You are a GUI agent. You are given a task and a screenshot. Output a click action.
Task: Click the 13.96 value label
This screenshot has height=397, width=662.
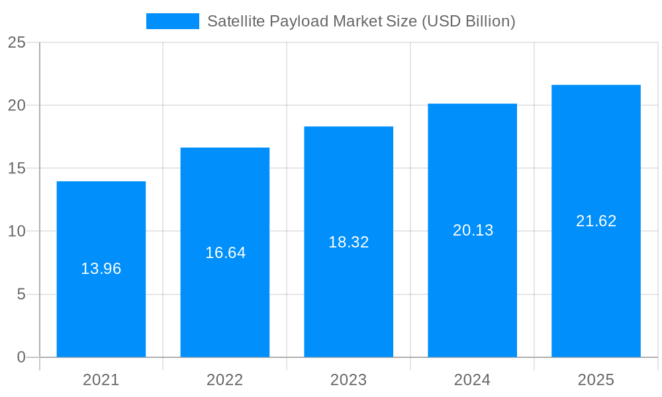(101, 269)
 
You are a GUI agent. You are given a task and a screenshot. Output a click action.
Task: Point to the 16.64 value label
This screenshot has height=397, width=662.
(225, 253)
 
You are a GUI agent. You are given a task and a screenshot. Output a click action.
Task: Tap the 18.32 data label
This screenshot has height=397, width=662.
(349, 242)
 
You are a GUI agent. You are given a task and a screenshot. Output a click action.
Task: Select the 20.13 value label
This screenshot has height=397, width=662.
(473, 230)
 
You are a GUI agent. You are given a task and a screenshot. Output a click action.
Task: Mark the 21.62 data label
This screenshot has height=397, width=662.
(596, 221)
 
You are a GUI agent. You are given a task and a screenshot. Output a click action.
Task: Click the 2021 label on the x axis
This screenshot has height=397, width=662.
(101, 380)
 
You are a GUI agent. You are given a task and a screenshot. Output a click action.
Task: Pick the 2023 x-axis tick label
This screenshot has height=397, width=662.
(349, 380)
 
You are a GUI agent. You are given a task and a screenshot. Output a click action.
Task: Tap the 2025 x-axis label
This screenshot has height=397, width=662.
(596, 380)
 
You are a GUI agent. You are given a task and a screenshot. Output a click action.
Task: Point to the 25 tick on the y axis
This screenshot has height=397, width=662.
(17, 43)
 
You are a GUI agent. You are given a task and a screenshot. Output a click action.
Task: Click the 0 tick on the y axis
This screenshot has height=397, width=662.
(21, 357)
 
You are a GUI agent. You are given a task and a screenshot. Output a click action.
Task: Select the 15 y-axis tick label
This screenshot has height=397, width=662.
(17, 169)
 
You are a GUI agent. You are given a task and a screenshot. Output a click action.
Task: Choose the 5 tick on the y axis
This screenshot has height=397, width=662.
(21, 294)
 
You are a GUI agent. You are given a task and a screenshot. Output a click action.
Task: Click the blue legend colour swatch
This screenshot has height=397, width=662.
(173, 21)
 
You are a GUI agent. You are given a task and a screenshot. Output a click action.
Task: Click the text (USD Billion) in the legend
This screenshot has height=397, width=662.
(468, 21)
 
